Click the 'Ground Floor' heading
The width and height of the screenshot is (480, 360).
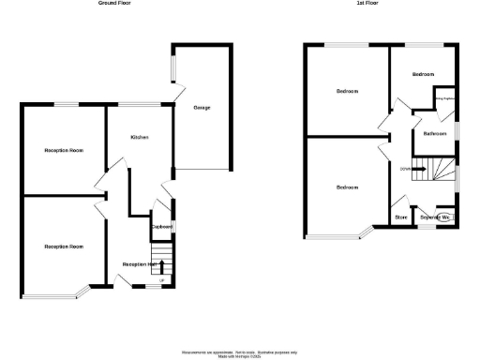coord(115,4)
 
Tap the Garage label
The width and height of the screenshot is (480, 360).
coord(202,108)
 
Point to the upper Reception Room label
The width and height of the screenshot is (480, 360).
coord(65,150)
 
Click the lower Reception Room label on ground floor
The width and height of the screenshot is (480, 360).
coord(64,247)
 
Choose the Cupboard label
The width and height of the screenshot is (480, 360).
coord(162,227)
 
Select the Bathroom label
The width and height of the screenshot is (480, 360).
coord(434,134)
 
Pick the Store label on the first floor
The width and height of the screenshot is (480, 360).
coord(400,217)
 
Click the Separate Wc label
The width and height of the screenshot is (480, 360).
coord(436,217)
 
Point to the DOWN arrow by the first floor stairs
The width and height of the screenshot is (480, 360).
coord(406,169)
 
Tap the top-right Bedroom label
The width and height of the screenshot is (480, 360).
coord(425,73)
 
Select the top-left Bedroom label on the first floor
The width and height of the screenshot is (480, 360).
coord(348,92)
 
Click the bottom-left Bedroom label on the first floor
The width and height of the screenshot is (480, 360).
coord(348,187)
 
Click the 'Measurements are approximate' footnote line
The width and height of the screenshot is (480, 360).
coord(240,348)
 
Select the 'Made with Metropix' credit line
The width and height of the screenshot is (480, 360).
coord(240,355)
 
